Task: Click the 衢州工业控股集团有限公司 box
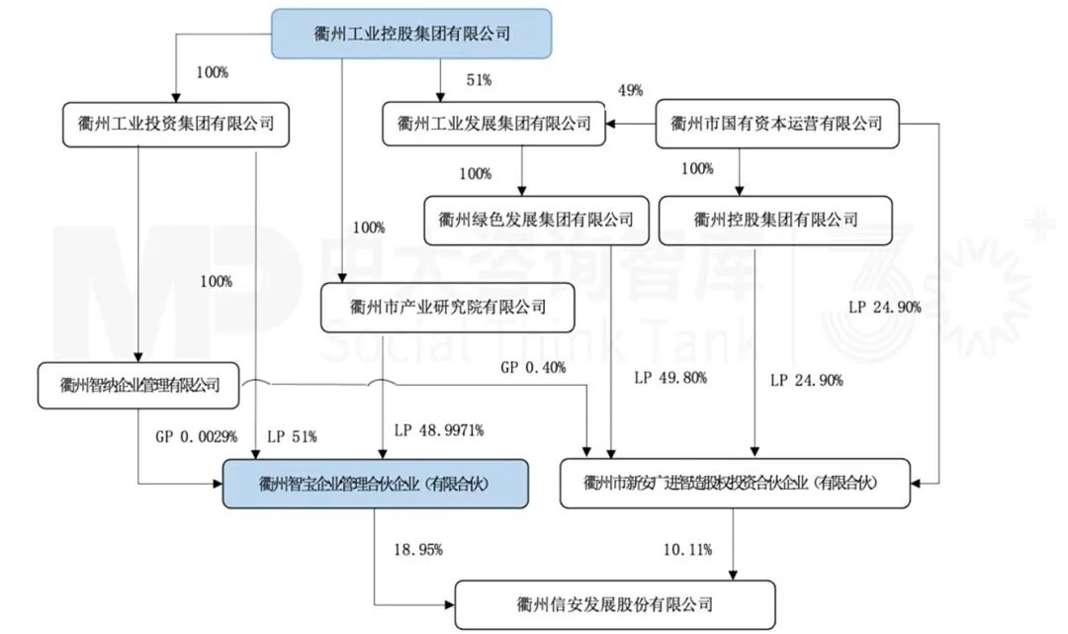coord(410,34)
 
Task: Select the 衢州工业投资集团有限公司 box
coord(176,124)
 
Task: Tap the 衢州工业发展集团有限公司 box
coord(493,124)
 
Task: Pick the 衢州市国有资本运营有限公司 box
coord(776,124)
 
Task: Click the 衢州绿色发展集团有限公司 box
coord(529,220)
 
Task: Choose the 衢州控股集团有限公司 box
coord(776,220)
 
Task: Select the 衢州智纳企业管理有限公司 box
coord(139,385)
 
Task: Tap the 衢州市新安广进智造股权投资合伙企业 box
coord(733,484)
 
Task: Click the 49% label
coord(630,91)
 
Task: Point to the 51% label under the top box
coord(480,79)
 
